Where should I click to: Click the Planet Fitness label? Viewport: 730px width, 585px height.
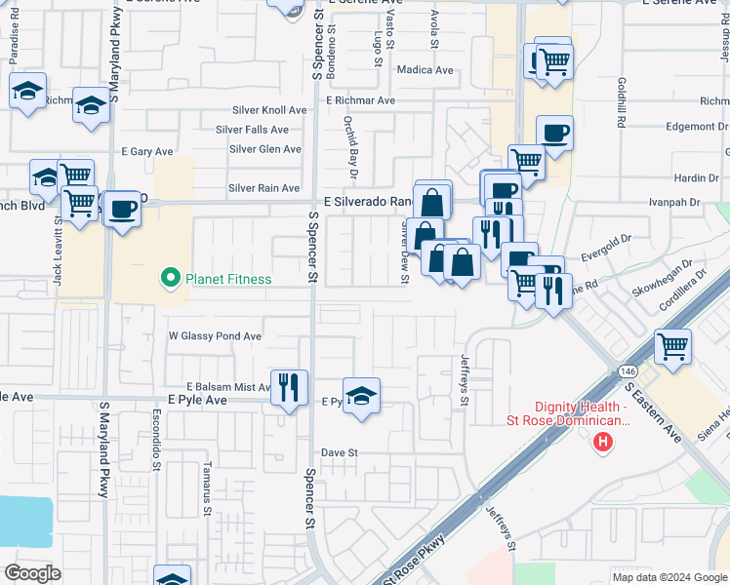(x=230, y=280)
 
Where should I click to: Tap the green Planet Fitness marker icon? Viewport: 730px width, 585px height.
(x=172, y=280)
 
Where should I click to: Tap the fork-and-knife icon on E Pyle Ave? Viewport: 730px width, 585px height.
(x=288, y=387)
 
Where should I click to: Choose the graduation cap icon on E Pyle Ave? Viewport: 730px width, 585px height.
(x=361, y=396)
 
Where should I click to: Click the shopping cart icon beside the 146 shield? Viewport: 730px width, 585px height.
(x=672, y=347)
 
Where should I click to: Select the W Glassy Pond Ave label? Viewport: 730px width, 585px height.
(x=215, y=336)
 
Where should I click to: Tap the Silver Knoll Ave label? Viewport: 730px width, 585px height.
(x=268, y=111)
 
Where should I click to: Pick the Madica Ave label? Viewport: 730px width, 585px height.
(x=426, y=70)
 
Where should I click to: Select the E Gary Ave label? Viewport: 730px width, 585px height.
(x=146, y=152)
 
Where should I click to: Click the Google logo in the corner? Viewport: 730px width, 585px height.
(x=32, y=572)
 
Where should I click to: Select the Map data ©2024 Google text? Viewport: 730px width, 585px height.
(x=669, y=577)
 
